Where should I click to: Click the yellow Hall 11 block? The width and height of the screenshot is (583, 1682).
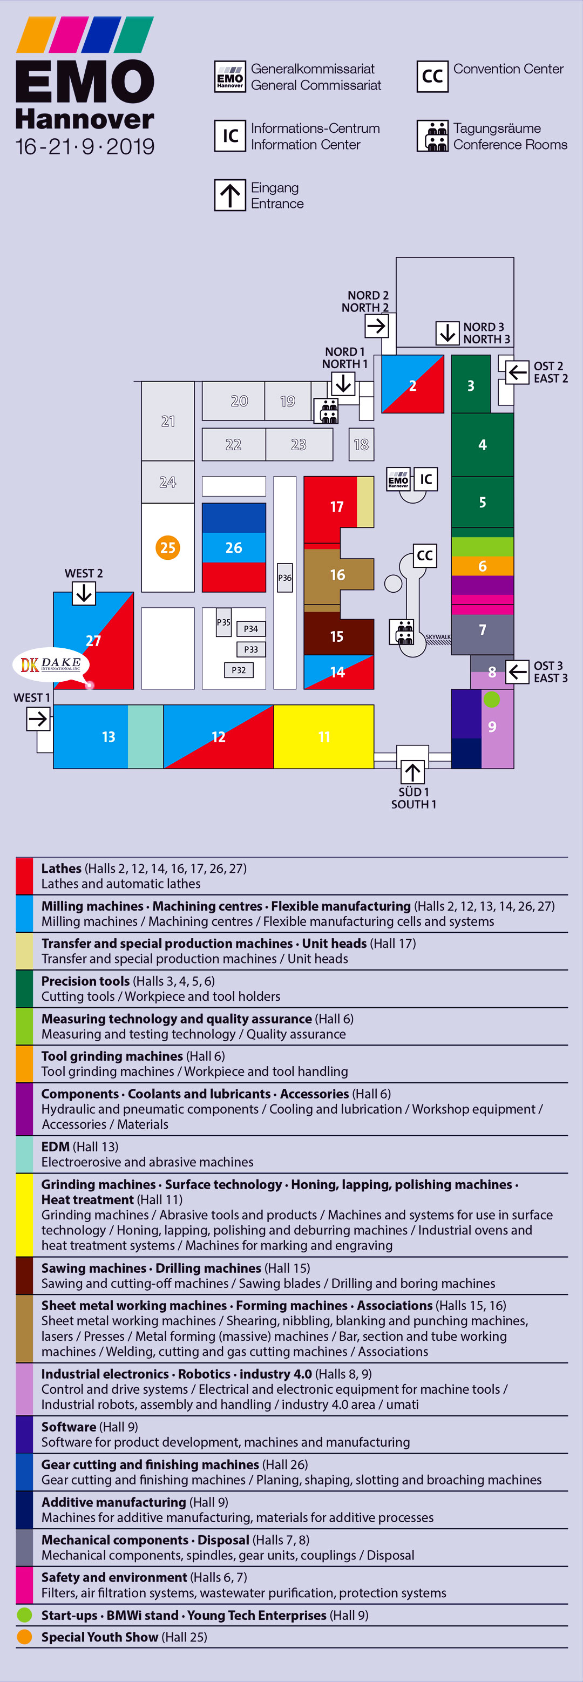click(324, 736)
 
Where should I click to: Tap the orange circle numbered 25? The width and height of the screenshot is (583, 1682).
click(168, 547)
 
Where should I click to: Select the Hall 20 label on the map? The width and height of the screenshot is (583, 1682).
click(239, 401)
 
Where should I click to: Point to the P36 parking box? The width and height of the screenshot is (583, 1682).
click(284, 577)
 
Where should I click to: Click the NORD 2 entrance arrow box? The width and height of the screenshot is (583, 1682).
click(377, 325)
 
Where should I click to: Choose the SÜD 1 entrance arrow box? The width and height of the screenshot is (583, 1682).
click(412, 772)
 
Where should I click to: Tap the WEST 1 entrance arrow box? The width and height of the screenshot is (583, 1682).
click(38, 719)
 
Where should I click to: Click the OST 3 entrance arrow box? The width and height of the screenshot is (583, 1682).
click(517, 671)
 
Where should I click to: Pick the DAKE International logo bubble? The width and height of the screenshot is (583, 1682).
click(51, 664)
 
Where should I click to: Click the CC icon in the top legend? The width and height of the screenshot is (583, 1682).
click(432, 77)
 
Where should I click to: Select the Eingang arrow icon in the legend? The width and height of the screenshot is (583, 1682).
click(230, 195)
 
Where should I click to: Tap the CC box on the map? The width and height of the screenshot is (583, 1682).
click(424, 555)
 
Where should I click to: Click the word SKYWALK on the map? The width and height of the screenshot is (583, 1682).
click(438, 636)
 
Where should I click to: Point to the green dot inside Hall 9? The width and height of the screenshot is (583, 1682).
click(492, 700)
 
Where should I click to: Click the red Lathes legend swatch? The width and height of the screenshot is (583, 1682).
click(24, 876)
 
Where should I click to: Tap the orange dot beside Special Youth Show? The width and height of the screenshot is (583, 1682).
click(24, 1636)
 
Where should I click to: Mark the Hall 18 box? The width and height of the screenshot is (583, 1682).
click(361, 445)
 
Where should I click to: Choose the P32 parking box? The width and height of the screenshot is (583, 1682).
click(239, 670)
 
